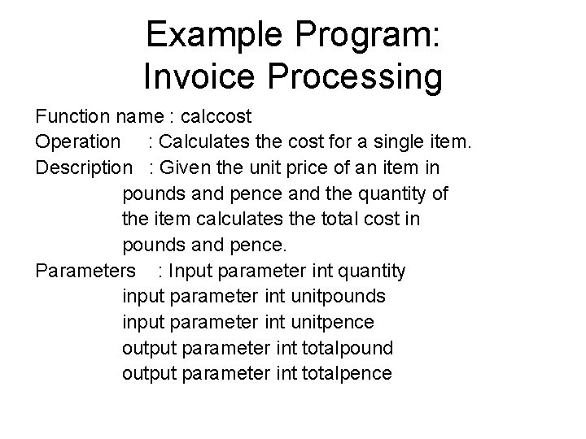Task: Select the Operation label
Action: click(77, 142)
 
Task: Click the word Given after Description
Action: click(195, 168)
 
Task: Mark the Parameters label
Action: click(85, 271)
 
